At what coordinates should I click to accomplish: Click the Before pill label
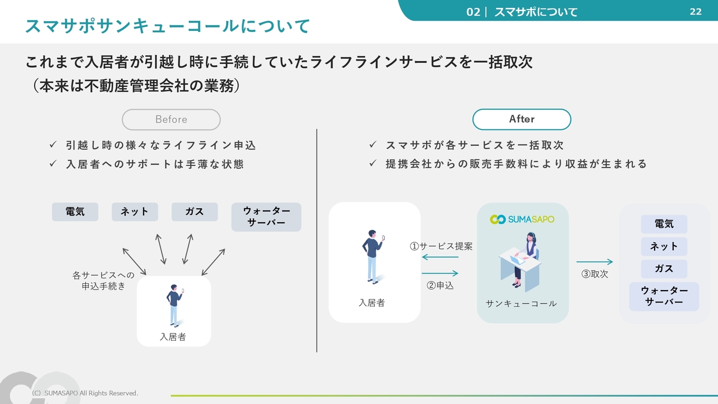tap(171, 120)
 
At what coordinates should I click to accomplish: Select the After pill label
tap(522, 119)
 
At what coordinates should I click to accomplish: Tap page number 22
tap(696, 12)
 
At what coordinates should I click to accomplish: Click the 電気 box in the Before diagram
tap(75, 212)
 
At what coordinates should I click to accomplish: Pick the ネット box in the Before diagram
tap(135, 212)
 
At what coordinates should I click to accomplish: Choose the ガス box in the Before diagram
tap(194, 212)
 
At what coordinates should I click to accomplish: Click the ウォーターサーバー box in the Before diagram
tap(266, 217)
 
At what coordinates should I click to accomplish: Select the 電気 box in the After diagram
tap(664, 224)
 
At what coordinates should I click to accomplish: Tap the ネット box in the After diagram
tap(664, 246)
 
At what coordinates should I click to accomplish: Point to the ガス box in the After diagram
tap(664, 269)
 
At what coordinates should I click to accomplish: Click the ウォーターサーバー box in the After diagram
tap(664, 296)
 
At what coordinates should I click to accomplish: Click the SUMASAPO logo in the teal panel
tap(522, 219)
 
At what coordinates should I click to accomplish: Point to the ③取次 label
tap(595, 274)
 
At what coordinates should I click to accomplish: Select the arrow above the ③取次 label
tap(595, 262)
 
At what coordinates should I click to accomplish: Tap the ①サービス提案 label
tap(441, 246)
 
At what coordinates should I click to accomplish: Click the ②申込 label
tap(440, 286)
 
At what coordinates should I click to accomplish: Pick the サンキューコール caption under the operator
tap(521, 304)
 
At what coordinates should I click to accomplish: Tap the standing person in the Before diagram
tap(174, 306)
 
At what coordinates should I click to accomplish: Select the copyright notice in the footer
tap(85, 393)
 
